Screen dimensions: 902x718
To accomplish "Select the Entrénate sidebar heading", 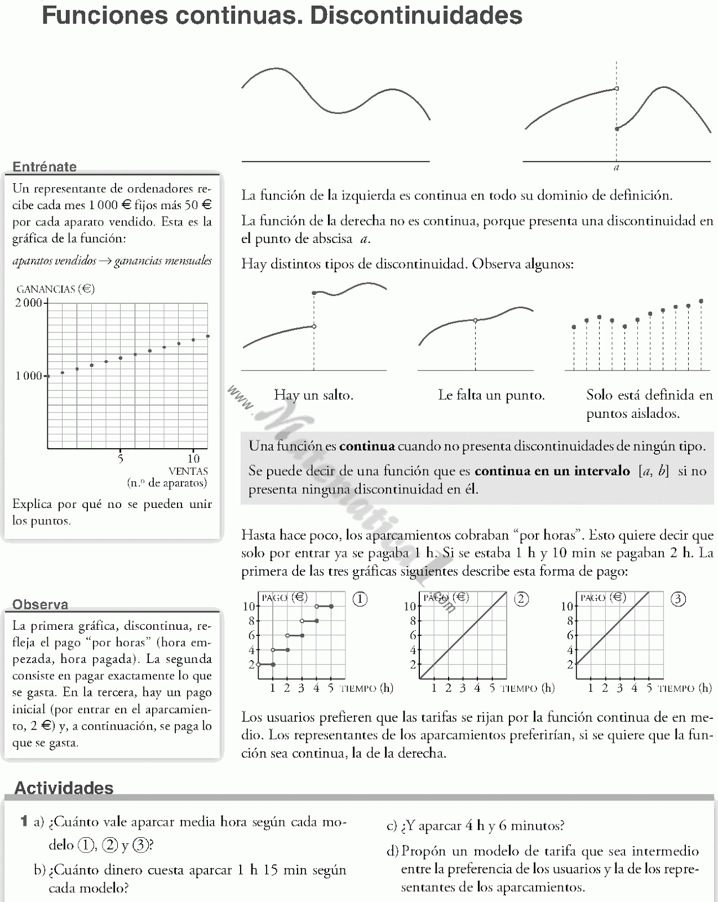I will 45,166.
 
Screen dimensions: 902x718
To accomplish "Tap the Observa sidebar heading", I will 40,604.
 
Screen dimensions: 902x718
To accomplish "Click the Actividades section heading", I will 64,788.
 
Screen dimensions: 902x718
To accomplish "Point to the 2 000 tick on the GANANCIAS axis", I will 29,303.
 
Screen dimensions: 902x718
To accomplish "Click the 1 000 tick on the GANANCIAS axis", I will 29,376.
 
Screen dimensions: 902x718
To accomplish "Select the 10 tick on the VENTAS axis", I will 193,458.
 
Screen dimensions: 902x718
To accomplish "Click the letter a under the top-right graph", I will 617,167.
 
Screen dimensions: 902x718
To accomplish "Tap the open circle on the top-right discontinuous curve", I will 617,89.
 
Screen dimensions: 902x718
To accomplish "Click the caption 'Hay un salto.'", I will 313,395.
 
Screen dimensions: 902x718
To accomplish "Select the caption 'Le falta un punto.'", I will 491,395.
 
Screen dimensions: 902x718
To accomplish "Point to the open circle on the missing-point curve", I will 475,320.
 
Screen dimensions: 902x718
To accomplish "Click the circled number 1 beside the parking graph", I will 360,599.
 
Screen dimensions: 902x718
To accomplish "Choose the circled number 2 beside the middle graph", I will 521,599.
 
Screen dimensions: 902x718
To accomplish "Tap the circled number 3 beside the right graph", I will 678,599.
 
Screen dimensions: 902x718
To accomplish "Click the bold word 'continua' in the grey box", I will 367,446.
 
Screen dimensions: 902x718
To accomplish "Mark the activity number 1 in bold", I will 24,821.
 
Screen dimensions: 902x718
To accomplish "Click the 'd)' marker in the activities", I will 392,851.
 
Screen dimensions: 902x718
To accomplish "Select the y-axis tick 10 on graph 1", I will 249,607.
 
